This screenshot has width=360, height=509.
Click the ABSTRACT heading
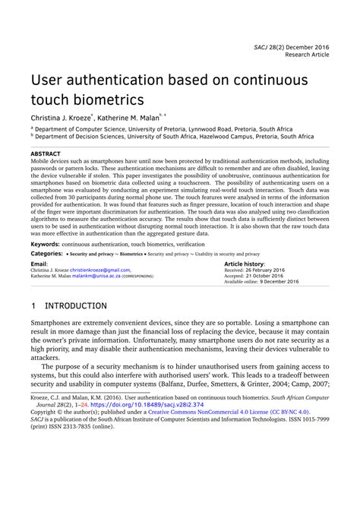[x=46, y=153]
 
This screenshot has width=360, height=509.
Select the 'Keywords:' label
[x=46, y=244]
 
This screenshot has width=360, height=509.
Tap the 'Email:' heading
[x=39, y=263]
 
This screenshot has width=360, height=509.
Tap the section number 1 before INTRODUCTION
[x=33, y=306]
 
